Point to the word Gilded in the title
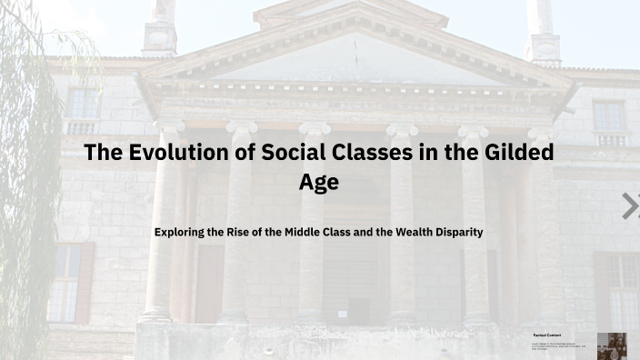click(517, 153)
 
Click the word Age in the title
click(319, 182)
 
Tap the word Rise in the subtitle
click(243, 232)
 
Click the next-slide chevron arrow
click(630, 206)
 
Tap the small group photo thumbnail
click(611, 345)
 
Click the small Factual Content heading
click(546, 335)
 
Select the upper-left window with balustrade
click(82, 109)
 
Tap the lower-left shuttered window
click(68, 282)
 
